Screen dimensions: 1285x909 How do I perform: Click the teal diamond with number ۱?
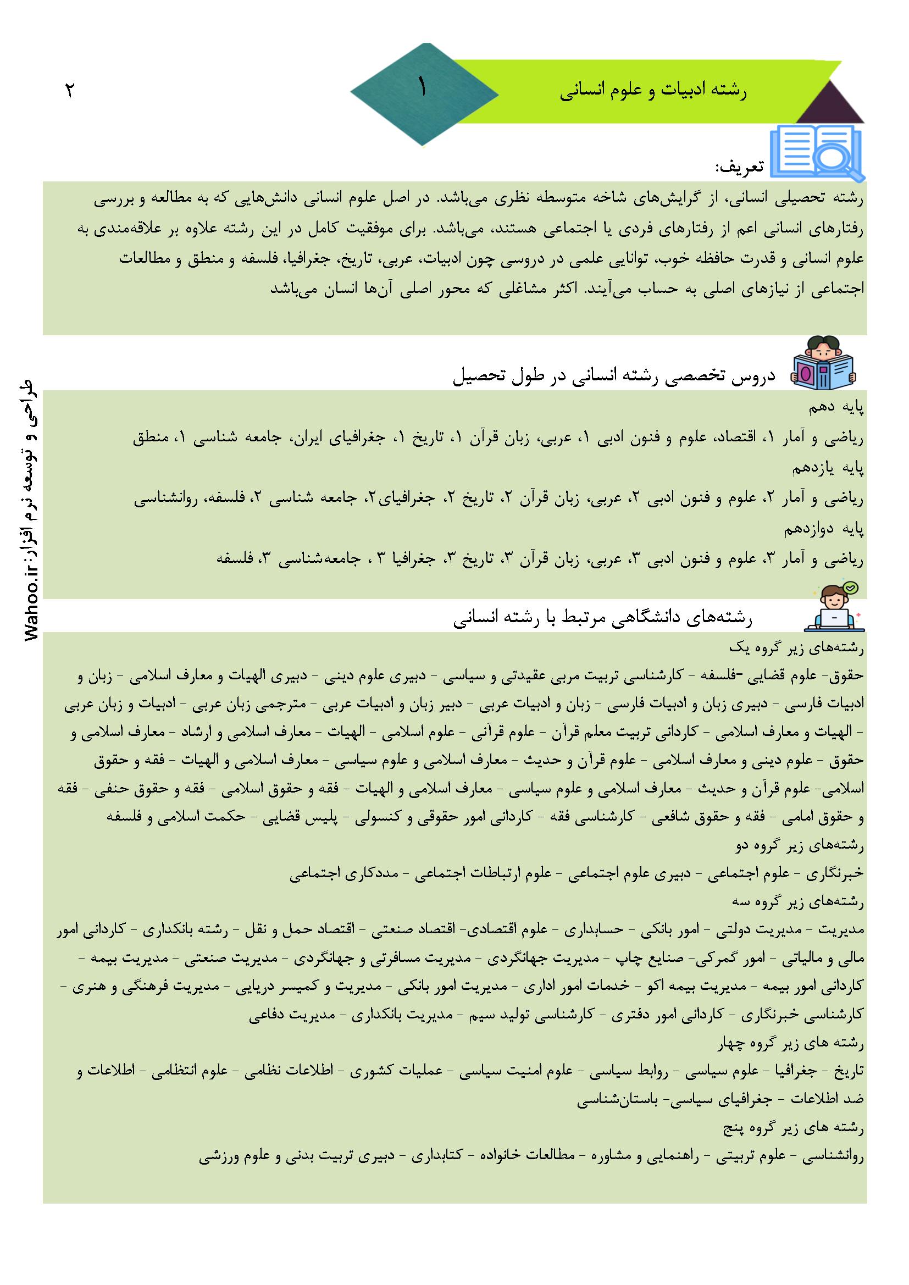point(424,93)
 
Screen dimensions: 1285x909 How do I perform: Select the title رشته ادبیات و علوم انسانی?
point(653,91)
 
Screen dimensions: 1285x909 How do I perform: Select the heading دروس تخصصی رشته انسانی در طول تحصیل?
point(613,375)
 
